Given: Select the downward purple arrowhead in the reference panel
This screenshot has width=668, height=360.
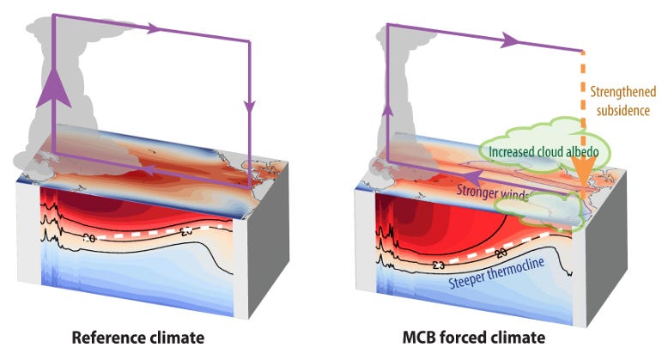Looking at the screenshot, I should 250,108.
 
